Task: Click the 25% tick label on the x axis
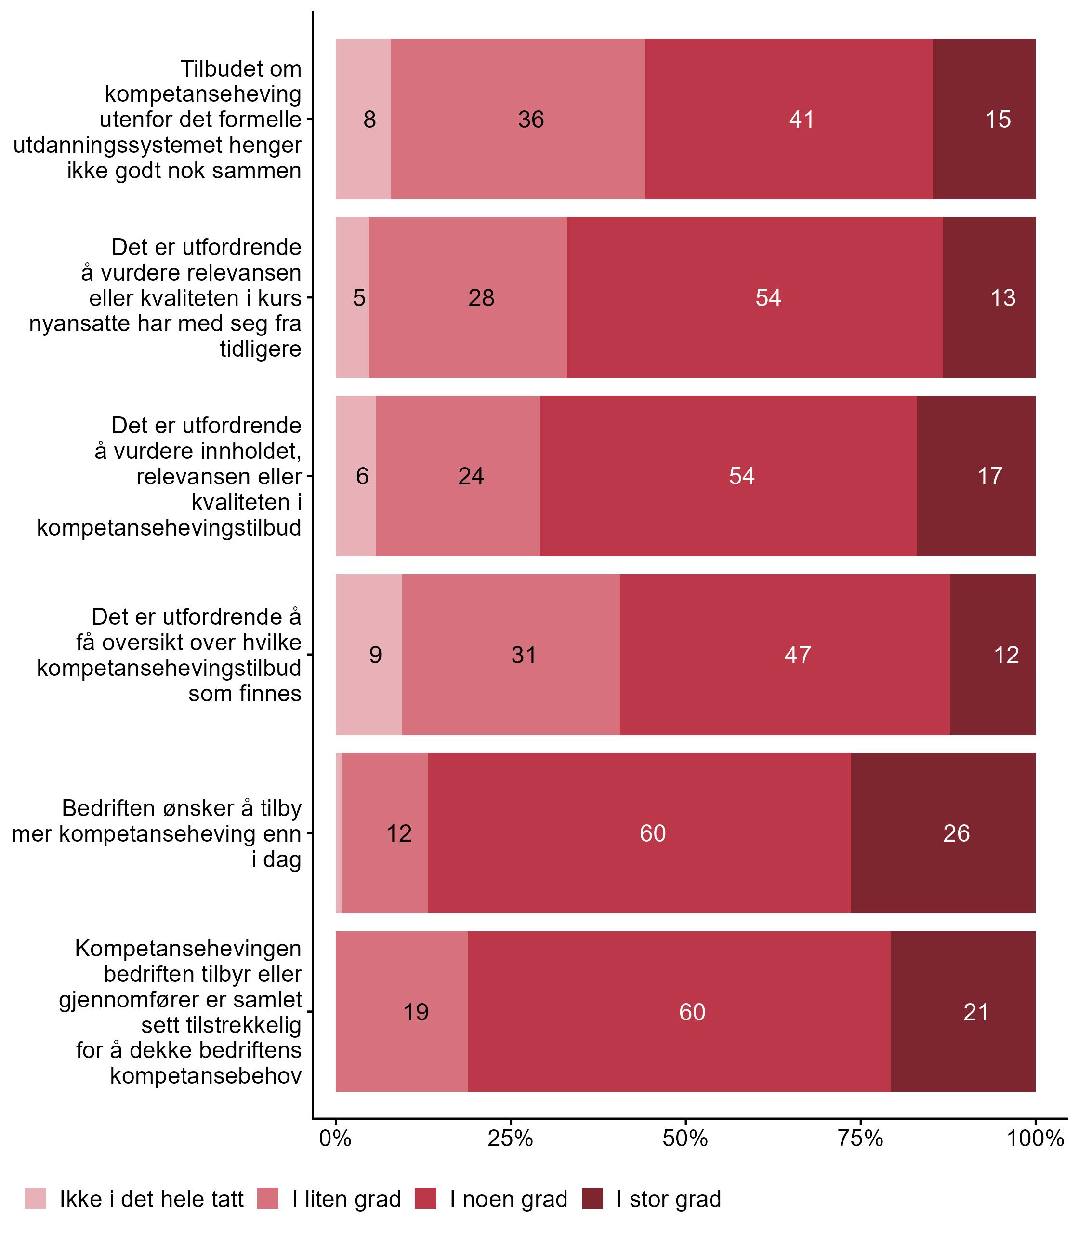[510, 1138]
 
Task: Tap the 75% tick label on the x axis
[860, 1138]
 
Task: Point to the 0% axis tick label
[335, 1138]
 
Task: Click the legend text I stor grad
[669, 1200]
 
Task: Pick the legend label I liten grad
[346, 1200]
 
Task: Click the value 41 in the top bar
[802, 120]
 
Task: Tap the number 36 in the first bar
[531, 120]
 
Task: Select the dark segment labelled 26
[956, 833]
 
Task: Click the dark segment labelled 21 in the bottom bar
[975, 1012]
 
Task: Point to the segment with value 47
[797, 655]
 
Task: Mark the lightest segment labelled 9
[375, 655]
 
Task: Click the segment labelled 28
[481, 298]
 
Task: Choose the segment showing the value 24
[471, 477]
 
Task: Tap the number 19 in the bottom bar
[416, 1012]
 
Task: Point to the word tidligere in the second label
[260, 349]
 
